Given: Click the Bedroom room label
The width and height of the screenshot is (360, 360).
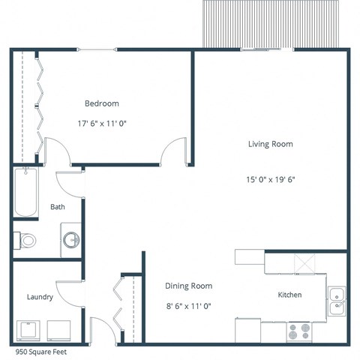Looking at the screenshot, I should pos(101,103).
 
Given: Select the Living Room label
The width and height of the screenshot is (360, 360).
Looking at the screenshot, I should pos(270,144).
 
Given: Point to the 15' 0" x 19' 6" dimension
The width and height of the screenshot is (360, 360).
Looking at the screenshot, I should pos(270,179).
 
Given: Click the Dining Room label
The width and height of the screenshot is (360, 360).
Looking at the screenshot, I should pos(188,286).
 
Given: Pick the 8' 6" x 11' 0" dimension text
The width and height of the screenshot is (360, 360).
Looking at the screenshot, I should pos(188,305).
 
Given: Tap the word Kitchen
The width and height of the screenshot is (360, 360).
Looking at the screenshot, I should pos(289,295).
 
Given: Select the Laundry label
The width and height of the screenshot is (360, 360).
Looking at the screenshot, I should pos(39,297).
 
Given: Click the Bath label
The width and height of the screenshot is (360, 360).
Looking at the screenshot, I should pos(57,207).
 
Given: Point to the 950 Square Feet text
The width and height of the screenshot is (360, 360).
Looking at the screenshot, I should pos(42,350).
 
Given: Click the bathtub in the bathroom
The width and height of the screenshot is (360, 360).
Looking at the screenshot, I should pos(25,191).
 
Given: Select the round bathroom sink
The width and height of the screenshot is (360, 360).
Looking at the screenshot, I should pos(71,241).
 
